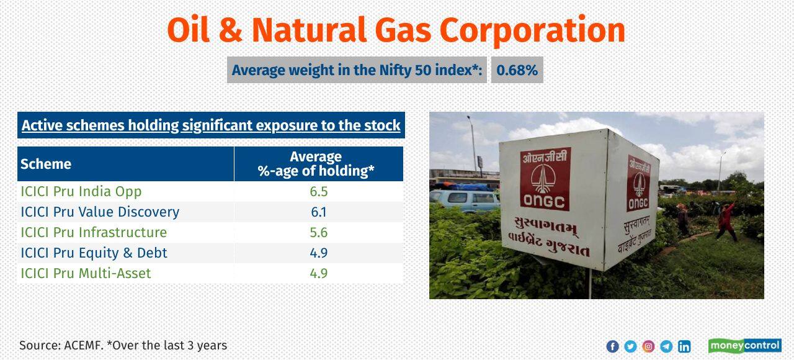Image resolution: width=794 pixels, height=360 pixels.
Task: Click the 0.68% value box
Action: [x=517, y=70]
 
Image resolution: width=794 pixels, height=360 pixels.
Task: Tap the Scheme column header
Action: [x=46, y=164]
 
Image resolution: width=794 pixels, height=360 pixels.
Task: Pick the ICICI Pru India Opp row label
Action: [x=81, y=191]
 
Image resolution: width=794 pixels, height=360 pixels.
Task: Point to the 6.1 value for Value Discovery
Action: [x=318, y=212]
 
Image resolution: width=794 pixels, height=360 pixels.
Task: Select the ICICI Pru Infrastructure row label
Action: [x=94, y=232]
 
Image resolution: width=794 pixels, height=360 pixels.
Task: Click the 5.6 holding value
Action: [x=318, y=232]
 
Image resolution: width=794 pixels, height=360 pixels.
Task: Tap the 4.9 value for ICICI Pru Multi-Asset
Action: [x=318, y=273]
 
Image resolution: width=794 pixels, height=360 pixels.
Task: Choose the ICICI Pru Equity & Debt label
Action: [x=94, y=253]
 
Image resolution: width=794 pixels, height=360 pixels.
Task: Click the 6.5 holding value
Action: [x=318, y=191]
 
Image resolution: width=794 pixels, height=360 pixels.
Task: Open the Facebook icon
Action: [x=612, y=346]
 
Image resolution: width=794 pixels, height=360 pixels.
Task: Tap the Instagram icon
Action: [x=648, y=346]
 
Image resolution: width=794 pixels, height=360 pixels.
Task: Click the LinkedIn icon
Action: [x=684, y=346]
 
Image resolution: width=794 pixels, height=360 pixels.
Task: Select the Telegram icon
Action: [x=666, y=346]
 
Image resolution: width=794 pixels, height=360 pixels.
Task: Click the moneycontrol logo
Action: [x=744, y=346]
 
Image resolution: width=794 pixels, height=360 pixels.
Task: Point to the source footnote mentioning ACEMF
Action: [x=123, y=345]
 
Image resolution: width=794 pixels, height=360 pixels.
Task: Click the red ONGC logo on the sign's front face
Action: [x=545, y=180]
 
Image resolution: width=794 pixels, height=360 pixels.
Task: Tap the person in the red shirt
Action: [x=726, y=221]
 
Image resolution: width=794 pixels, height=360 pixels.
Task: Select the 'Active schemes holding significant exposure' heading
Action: [x=211, y=125]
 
